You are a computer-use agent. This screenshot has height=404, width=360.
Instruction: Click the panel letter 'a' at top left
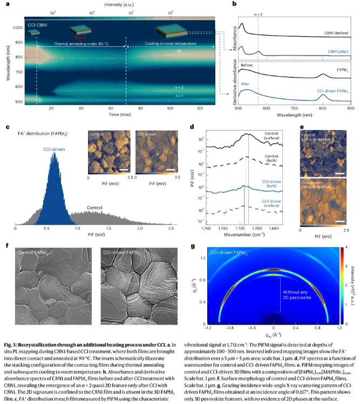[x=7, y=5]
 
